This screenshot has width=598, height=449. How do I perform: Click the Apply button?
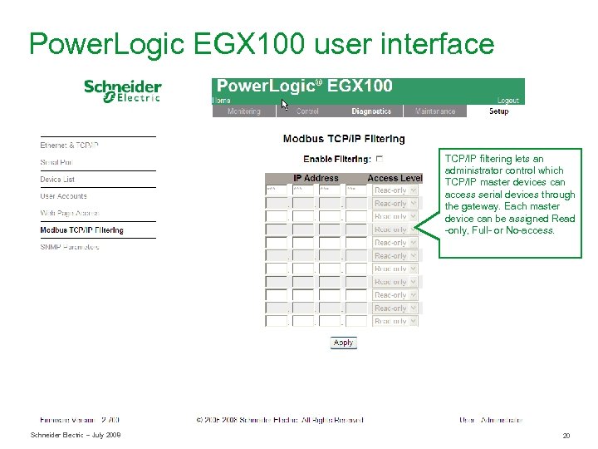(x=343, y=343)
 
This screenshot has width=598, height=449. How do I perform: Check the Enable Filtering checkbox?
(x=380, y=159)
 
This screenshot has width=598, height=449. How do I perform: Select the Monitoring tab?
(x=244, y=111)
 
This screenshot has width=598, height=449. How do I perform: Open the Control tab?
(x=307, y=111)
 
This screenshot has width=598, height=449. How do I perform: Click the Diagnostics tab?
(x=371, y=111)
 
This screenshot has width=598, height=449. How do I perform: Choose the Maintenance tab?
(x=435, y=111)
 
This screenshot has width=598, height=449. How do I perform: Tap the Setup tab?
(x=498, y=111)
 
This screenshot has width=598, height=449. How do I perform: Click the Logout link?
(x=507, y=101)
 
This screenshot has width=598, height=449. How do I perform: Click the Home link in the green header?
(x=222, y=101)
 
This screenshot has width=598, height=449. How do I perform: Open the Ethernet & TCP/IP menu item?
(x=70, y=146)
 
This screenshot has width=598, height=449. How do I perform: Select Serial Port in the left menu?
(x=56, y=162)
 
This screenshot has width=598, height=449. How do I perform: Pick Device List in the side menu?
(x=57, y=180)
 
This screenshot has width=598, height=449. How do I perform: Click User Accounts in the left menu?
(x=64, y=196)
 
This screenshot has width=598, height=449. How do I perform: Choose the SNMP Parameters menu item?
(x=70, y=247)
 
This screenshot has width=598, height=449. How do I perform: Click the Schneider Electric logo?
(x=122, y=91)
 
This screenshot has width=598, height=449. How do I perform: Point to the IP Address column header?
(x=316, y=178)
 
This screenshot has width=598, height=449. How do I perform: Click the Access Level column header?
(x=395, y=178)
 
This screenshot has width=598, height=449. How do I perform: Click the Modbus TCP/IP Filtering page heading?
(x=344, y=139)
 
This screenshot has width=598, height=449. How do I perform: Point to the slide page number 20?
(x=566, y=436)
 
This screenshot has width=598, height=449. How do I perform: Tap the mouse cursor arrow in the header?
(x=284, y=105)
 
